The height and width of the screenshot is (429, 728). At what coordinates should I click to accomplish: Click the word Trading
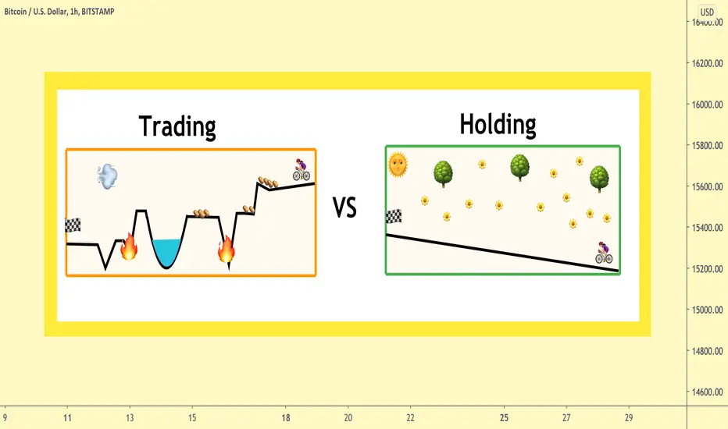pyautogui.click(x=177, y=126)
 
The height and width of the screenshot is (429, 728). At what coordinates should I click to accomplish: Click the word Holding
pyautogui.click(x=498, y=124)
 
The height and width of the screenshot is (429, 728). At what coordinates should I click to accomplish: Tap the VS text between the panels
pyautogui.click(x=344, y=207)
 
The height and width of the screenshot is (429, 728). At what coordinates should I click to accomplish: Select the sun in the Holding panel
pyautogui.click(x=398, y=165)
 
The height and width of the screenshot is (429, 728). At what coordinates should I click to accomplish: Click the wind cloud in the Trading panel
pyautogui.click(x=107, y=176)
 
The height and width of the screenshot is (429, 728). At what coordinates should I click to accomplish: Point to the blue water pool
pyautogui.click(x=166, y=253)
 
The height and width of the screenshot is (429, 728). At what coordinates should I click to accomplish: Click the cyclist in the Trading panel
pyautogui.click(x=301, y=170)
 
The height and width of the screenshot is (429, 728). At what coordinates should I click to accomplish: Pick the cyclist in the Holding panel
pyautogui.click(x=604, y=253)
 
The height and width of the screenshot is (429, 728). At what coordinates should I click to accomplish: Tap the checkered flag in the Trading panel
pyautogui.click(x=73, y=225)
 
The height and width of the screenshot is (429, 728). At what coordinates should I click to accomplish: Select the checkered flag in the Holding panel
pyautogui.click(x=394, y=217)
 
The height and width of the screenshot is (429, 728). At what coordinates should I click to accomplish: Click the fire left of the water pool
pyautogui.click(x=129, y=246)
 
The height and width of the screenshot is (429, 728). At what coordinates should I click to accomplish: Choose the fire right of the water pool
pyautogui.click(x=227, y=249)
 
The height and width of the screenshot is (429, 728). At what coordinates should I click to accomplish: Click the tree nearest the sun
pyautogui.click(x=443, y=174)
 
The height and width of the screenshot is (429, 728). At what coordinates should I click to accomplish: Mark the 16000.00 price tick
pyautogui.click(x=707, y=105)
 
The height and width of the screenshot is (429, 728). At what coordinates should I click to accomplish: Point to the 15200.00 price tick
pyautogui.click(x=707, y=269)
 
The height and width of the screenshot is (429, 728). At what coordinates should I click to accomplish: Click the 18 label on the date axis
pyautogui.click(x=286, y=418)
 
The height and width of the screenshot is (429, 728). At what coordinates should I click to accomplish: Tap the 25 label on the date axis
pyautogui.click(x=505, y=418)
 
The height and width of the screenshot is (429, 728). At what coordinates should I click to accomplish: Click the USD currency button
pyautogui.click(x=707, y=12)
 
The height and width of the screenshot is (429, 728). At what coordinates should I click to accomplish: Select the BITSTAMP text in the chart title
pyautogui.click(x=98, y=12)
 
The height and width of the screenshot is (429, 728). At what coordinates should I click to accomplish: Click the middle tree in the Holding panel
pyautogui.click(x=519, y=168)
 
